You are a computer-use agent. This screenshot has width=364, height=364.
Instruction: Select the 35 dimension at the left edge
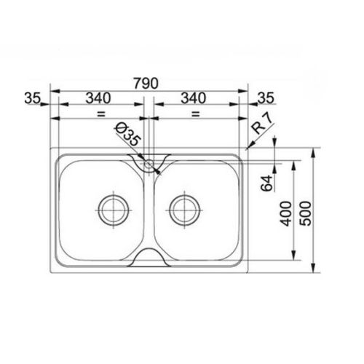click(31, 97)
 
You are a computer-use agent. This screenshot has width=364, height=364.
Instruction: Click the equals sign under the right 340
click(194, 114)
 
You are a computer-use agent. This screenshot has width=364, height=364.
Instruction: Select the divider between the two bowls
click(149, 211)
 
